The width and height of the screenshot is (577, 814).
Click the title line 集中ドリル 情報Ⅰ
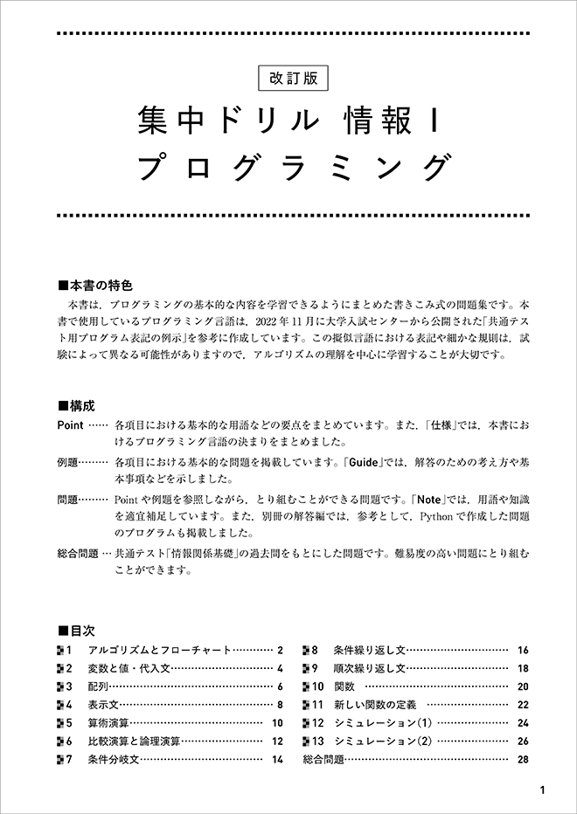coord(288,122)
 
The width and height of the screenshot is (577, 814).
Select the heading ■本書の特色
coord(95,285)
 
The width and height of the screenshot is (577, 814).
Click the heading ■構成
coord(76,406)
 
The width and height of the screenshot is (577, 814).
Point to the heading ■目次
coord(76,630)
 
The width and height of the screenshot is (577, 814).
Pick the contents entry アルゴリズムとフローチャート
coord(159,651)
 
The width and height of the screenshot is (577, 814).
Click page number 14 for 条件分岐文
coord(277,760)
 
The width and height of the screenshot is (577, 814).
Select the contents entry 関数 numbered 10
coord(344,686)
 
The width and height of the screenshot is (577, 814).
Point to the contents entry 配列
coord(97,686)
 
